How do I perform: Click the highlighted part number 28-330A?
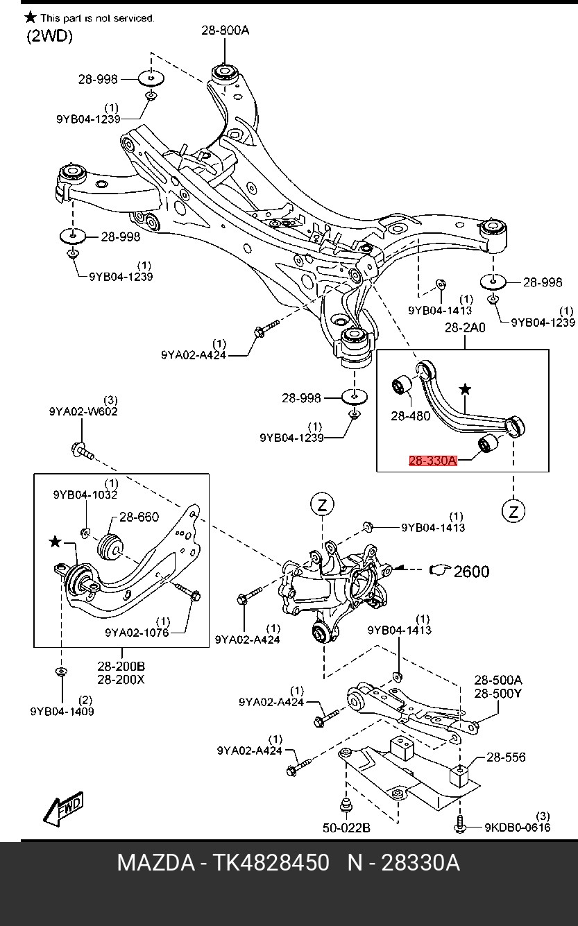pyautogui.click(x=432, y=460)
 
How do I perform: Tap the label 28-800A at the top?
pyautogui.click(x=226, y=30)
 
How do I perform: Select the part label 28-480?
pyautogui.click(x=410, y=416)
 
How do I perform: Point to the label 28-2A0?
pyautogui.click(x=464, y=327)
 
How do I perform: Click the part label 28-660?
pyautogui.click(x=139, y=517)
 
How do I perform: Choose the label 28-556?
pyautogui.click(x=506, y=758)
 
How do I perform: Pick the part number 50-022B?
pyautogui.click(x=346, y=828)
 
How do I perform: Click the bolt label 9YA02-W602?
pyautogui.click(x=83, y=411)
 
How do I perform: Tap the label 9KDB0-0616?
pyautogui.click(x=517, y=827)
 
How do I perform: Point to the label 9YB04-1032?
pyautogui.click(x=85, y=495)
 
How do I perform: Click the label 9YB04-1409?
pyautogui.click(x=62, y=711)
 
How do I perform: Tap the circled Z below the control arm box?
pyautogui.click(x=513, y=512)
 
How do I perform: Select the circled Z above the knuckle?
pyautogui.click(x=323, y=505)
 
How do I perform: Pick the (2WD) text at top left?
pyautogui.click(x=50, y=37)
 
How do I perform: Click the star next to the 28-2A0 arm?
pyautogui.click(x=464, y=390)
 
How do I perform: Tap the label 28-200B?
pyautogui.click(x=121, y=667)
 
